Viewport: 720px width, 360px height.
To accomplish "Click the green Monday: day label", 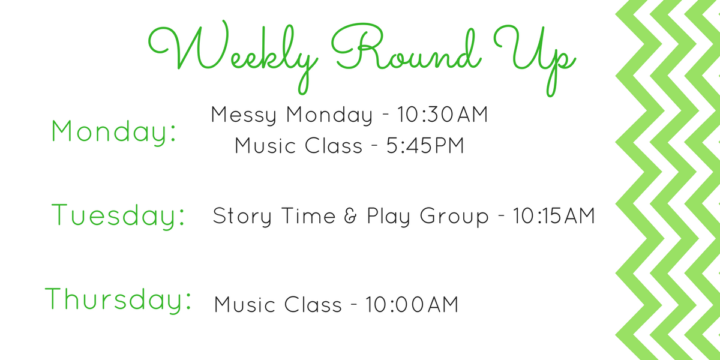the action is click(x=114, y=131).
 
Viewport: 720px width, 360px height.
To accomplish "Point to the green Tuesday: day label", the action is click(x=118, y=215).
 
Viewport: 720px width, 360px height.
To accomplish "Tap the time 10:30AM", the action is click(x=443, y=115).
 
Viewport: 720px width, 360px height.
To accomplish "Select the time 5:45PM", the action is click(x=425, y=145).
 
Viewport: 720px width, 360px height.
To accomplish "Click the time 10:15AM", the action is click(x=554, y=215).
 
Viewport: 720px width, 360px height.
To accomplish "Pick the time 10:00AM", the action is click(x=412, y=304).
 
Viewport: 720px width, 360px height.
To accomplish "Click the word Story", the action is click(x=242, y=217).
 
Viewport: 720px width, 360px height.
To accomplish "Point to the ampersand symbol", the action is click(x=350, y=215).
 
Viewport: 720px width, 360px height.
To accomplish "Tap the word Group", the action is click(x=454, y=217).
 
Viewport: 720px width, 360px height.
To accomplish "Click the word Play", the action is click(x=389, y=216).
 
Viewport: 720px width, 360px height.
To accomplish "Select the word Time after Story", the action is click(x=308, y=215).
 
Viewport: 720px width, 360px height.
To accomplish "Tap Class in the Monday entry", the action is click(x=334, y=145).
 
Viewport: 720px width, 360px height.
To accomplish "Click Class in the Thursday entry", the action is click(x=313, y=304).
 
